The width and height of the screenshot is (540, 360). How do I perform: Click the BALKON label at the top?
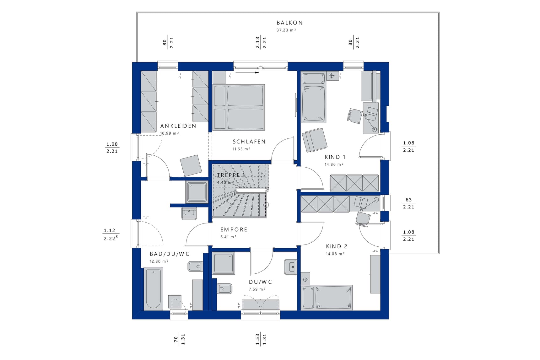click(x=289, y=23)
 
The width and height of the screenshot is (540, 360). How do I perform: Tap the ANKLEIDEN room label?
click(x=178, y=126)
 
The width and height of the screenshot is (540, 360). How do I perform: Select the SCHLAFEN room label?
click(x=249, y=142)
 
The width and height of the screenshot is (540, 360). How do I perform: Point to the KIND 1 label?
click(x=335, y=157)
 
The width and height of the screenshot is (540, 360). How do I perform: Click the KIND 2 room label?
click(x=337, y=246)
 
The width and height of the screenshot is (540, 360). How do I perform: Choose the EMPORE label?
click(x=234, y=229)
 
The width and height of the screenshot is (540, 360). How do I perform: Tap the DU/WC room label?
click(x=260, y=282)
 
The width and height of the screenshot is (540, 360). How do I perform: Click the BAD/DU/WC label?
click(x=170, y=254)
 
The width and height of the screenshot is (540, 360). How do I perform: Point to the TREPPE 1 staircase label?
click(x=231, y=175)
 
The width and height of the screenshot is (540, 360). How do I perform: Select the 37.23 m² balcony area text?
click(x=286, y=30)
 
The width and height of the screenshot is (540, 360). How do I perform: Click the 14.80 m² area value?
click(x=334, y=164)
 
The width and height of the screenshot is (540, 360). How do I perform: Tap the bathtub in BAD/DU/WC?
click(x=153, y=288)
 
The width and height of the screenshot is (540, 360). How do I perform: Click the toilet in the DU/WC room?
click(x=224, y=288)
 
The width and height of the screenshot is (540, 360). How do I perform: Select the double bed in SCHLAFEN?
click(x=239, y=107)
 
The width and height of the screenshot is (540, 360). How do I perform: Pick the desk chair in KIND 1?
click(x=355, y=116)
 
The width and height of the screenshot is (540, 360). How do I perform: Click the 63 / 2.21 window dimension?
click(x=408, y=203)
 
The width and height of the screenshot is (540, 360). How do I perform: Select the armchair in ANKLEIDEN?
click(x=191, y=165)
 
